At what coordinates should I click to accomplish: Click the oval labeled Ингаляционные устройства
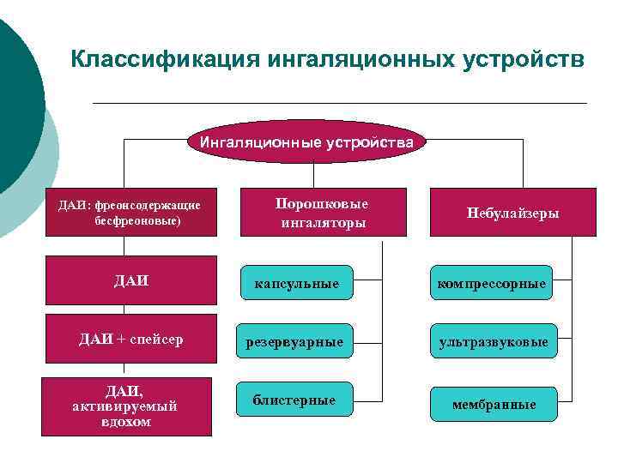306,142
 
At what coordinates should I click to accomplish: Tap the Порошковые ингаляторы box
323,213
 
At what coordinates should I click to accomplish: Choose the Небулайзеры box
512,213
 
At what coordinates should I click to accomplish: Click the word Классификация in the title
163,60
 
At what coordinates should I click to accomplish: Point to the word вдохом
125,422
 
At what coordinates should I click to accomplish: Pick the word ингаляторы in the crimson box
323,222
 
